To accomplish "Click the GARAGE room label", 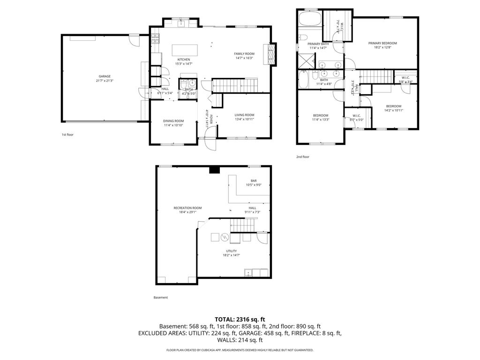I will pos(105,76).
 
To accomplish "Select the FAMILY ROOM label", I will pos(244,54).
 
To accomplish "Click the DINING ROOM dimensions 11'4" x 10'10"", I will pos(173,125).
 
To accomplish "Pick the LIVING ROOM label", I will pos(244,115).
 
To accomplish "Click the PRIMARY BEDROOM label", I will pos(385,43).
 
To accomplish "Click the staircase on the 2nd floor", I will pos(375,75).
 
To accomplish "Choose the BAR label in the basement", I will pos(254,180).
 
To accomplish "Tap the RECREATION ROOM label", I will pos(187,208).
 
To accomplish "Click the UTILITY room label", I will pos(232,251).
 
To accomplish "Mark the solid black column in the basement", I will pos(215,170).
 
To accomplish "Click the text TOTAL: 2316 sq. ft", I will pos(240,319).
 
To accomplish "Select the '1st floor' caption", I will pos(67,135).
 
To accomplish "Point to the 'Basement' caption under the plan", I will pos(160,297).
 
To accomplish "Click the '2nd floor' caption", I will pos(302,157).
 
